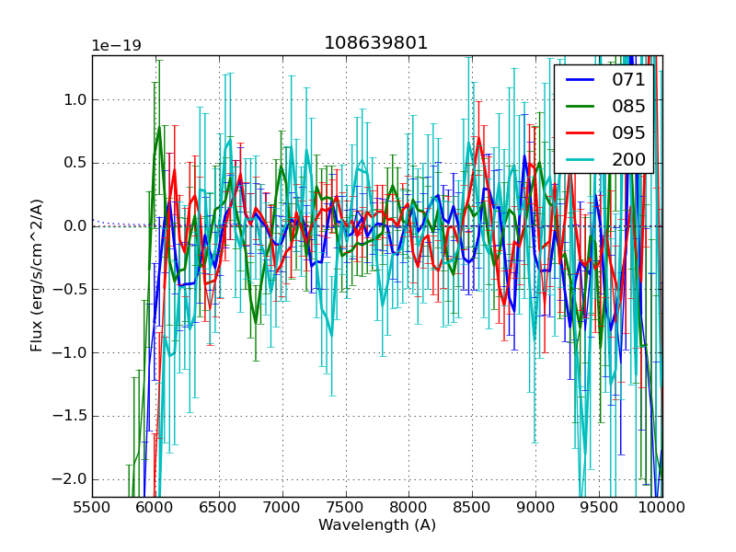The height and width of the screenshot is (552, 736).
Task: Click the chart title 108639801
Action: pyautogui.click(x=376, y=43)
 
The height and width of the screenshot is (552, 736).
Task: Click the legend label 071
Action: pyautogui.click(x=628, y=79)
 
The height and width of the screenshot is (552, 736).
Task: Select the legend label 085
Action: pyautogui.click(x=628, y=106)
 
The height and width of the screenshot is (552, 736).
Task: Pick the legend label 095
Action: pyautogui.click(x=628, y=132)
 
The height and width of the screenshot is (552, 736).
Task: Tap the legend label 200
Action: pyautogui.click(x=628, y=159)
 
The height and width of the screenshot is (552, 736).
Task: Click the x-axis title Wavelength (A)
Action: pyautogui.click(x=377, y=525)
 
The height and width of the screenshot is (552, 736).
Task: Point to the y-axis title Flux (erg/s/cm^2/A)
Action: pyautogui.click(x=37, y=275)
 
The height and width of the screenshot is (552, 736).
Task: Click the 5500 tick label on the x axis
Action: pyautogui.click(x=92, y=507)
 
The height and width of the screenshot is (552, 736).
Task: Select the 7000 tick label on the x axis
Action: pyautogui.click(x=282, y=507)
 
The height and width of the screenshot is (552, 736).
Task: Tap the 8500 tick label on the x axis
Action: pyautogui.click(x=473, y=507)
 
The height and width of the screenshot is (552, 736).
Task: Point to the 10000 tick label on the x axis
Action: pyautogui.click(x=661, y=507)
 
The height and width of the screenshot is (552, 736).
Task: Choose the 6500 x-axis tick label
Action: pyautogui.click(x=219, y=507)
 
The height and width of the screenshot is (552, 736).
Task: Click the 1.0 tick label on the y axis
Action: pyautogui.click(x=74, y=99)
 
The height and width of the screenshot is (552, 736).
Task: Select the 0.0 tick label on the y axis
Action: pyautogui.click(x=74, y=226)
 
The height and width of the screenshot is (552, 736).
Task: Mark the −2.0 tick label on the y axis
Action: pyautogui.click(x=70, y=479)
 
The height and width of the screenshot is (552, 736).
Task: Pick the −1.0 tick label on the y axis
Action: pyautogui.click(x=70, y=352)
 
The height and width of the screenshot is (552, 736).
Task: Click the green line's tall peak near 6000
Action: pyautogui.click(x=158, y=129)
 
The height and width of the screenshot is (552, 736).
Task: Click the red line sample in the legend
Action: pyautogui.click(x=580, y=132)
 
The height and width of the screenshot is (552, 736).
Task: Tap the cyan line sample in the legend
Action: pyautogui.click(x=580, y=159)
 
